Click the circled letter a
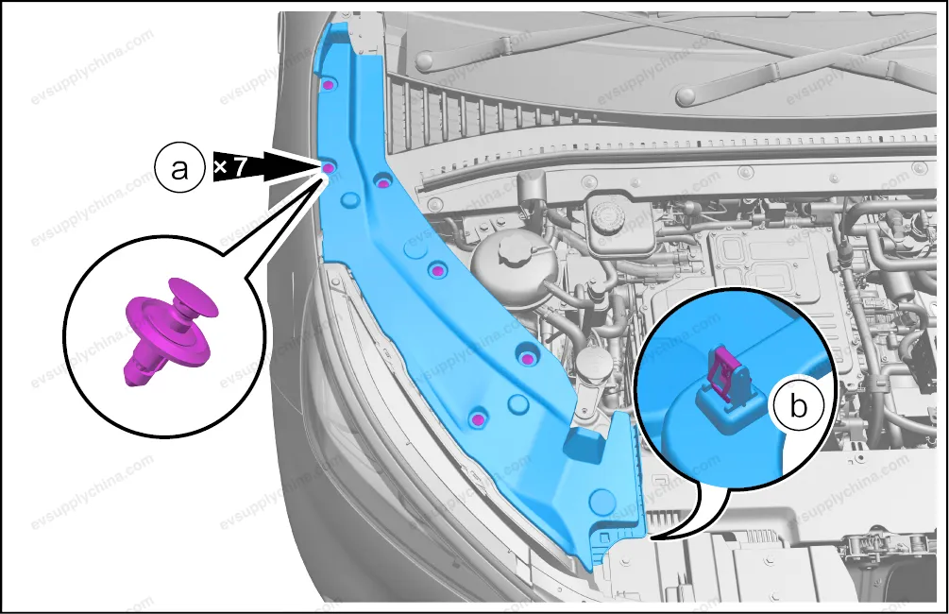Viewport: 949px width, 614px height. (x=179, y=169)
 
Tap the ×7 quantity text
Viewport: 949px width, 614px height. (x=230, y=167)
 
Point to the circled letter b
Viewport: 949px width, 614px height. (x=799, y=406)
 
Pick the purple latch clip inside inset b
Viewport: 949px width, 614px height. (x=727, y=374)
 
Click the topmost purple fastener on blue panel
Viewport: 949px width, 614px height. (x=328, y=85)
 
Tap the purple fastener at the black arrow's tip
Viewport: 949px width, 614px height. (x=329, y=168)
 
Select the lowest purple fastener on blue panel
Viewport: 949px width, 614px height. (x=478, y=419)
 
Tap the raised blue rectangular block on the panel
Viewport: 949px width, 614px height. (x=585, y=446)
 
